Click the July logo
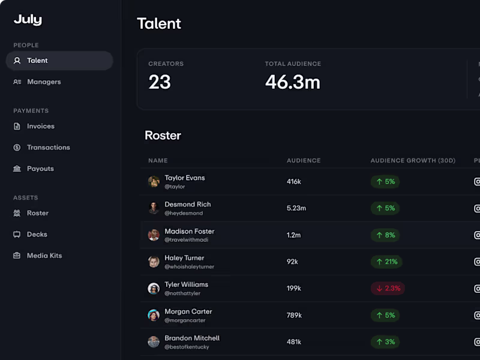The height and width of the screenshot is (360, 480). [x=28, y=20]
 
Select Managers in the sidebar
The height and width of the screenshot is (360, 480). [x=43, y=82]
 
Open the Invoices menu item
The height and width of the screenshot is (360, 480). [x=40, y=126]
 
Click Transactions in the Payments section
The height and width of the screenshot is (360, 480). [x=48, y=147]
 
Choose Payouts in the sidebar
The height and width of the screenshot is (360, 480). [x=40, y=169]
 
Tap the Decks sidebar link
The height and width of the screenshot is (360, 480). [x=37, y=234]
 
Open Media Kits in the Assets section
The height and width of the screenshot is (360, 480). [x=44, y=256]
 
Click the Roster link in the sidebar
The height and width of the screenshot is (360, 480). [x=37, y=213]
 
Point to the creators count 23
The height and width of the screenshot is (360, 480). [x=160, y=82]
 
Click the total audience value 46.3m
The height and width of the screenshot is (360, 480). [x=292, y=82]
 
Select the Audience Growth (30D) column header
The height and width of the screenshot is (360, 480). [x=413, y=161]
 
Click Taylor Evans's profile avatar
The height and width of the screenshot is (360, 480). [x=154, y=181]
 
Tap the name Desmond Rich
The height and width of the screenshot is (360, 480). [x=187, y=204]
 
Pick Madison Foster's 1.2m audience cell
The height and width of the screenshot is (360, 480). [x=293, y=235]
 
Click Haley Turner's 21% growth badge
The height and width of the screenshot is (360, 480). [x=386, y=262]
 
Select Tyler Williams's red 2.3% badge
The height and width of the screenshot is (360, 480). [x=388, y=288]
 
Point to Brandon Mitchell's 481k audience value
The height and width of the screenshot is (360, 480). [x=294, y=341]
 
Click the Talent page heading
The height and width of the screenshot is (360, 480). [x=159, y=23]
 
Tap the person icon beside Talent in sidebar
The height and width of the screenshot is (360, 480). [x=17, y=61]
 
